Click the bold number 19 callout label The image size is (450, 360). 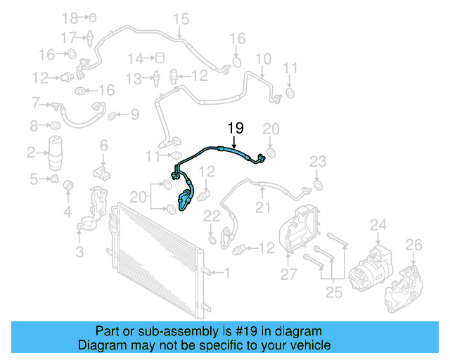click(x=235, y=128)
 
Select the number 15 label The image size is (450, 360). click(x=181, y=18)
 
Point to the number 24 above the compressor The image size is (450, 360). click(x=379, y=225)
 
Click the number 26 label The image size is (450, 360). click(x=414, y=245)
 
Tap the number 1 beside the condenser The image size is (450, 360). click(x=226, y=272)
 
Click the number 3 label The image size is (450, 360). click(x=79, y=251)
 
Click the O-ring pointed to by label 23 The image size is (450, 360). click(x=318, y=185)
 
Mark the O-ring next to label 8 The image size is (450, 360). click(x=53, y=127)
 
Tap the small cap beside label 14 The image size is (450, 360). click(x=160, y=58)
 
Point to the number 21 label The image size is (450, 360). click(x=262, y=207)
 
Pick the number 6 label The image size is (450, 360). click(x=103, y=146)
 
